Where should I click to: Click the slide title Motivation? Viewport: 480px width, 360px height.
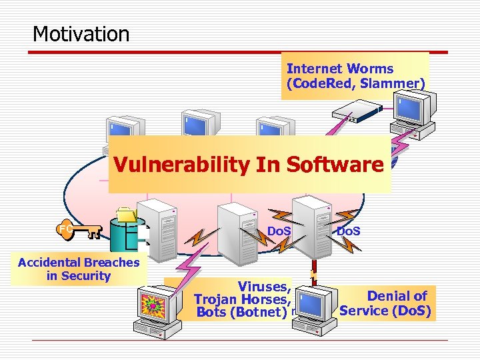click(81, 33)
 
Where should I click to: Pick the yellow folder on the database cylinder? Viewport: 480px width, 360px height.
click(126, 215)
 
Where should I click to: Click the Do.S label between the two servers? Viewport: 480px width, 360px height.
click(278, 231)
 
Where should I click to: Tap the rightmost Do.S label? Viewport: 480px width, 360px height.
click(349, 231)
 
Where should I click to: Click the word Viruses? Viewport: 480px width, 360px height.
click(264, 287)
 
